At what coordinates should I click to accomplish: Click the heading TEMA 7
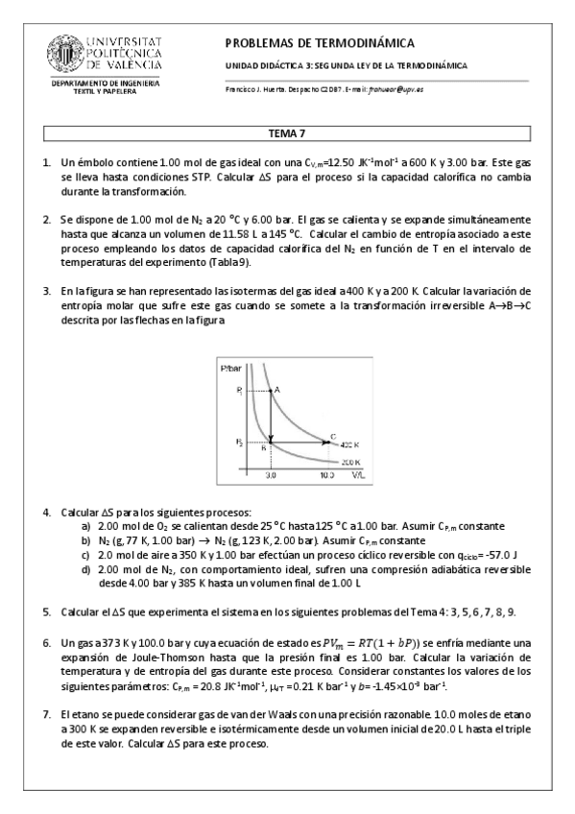(287, 133)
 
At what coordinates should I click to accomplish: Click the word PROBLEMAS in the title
(263, 43)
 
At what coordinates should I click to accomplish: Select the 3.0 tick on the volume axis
(271, 474)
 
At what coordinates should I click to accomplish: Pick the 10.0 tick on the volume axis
(327, 474)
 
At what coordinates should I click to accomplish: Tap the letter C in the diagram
(333, 437)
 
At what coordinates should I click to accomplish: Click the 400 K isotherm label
(350, 444)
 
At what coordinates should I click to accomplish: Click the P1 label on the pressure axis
(239, 391)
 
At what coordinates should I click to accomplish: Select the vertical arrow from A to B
(271, 418)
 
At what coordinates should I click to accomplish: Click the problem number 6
(46, 639)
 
